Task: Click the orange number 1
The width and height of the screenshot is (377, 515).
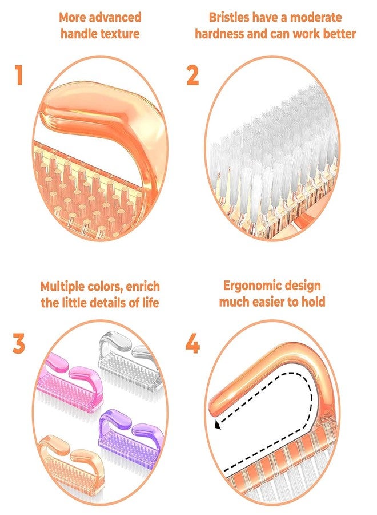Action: [x=19, y=75]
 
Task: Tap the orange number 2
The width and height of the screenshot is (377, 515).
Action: [x=192, y=75]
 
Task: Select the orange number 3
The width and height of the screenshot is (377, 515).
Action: [x=19, y=343]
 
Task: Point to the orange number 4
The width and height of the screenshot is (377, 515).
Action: [x=192, y=343]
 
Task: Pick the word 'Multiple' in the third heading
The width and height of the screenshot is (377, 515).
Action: [x=62, y=287]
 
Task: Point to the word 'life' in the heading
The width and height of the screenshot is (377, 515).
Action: [x=150, y=303]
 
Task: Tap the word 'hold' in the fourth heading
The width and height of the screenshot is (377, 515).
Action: [x=314, y=302]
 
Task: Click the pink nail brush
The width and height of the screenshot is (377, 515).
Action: [x=70, y=383]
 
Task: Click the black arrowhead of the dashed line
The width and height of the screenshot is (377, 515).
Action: [x=217, y=425]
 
